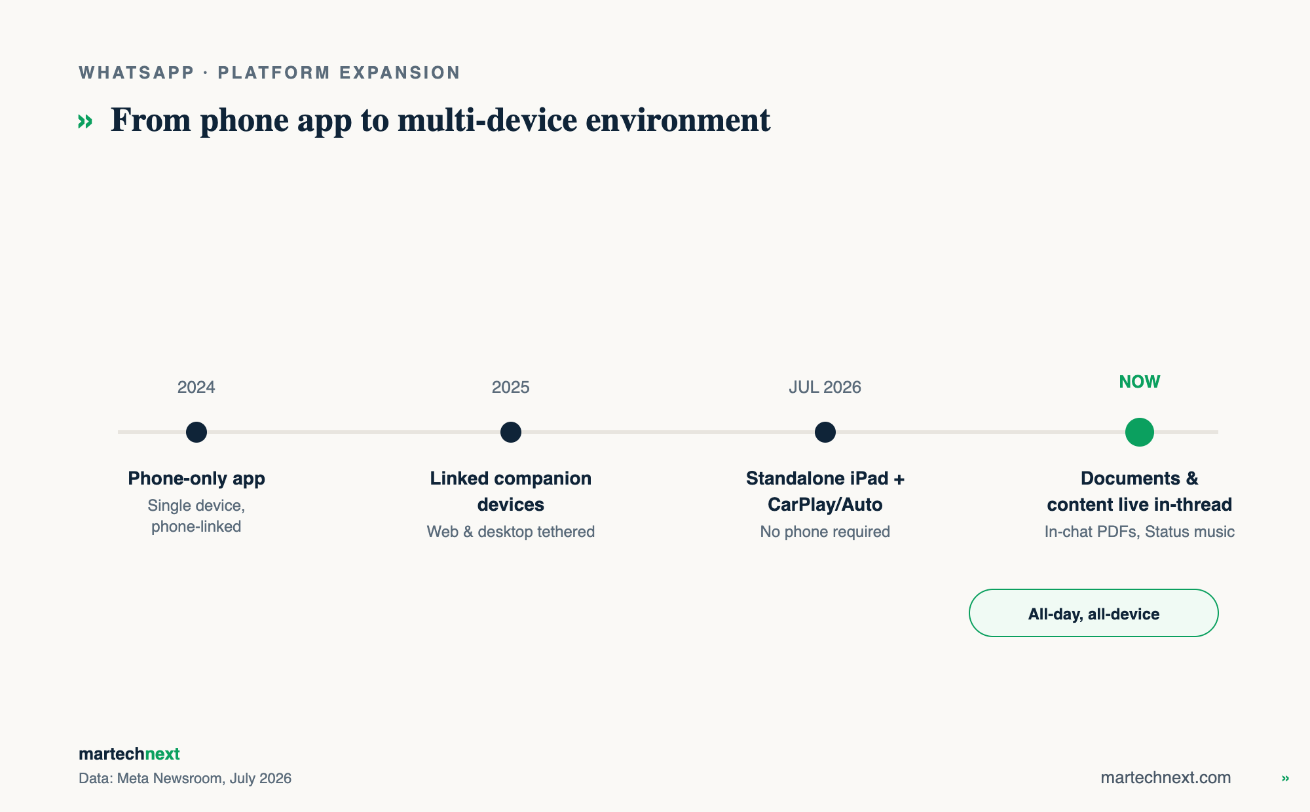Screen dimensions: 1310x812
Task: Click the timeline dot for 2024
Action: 196,432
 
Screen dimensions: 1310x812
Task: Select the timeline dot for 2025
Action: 511,432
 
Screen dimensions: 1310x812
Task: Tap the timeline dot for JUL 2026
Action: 825,432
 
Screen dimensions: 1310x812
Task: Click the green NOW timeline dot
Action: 1140,432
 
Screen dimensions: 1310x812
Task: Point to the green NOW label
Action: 1140,382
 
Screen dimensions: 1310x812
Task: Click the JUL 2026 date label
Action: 825,387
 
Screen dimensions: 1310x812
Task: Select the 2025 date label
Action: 511,387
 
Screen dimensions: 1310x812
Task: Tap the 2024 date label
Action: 196,387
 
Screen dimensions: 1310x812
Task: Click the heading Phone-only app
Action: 196,479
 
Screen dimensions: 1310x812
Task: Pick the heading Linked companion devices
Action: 511,491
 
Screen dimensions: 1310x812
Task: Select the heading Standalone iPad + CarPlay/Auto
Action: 825,491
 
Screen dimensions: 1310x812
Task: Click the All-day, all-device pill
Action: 1094,613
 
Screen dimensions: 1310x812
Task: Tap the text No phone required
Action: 825,532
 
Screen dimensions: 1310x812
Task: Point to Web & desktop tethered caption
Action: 511,532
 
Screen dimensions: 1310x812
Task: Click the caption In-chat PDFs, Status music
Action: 1140,532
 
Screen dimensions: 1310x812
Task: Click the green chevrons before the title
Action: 85,121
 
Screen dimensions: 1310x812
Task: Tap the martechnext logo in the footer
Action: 129,754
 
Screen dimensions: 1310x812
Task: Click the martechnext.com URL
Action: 1166,777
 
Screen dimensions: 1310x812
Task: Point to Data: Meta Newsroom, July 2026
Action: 185,778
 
